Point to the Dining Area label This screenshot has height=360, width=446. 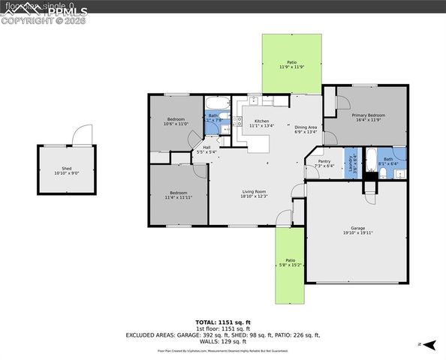click(x=306, y=129)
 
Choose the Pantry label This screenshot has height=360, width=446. click(x=324, y=163)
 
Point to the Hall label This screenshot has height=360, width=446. click(x=206, y=149)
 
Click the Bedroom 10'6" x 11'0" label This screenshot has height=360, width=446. click(x=176, y=121)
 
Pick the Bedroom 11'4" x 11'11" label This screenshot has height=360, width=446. click(x=179, y=195)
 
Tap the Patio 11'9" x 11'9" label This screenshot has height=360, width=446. click(x=291, y=64)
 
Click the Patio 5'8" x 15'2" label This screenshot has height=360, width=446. click(x=290, y=262)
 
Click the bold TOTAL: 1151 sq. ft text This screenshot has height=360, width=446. click(x=222, y=322)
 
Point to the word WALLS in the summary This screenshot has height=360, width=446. click(x=207, y=341)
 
